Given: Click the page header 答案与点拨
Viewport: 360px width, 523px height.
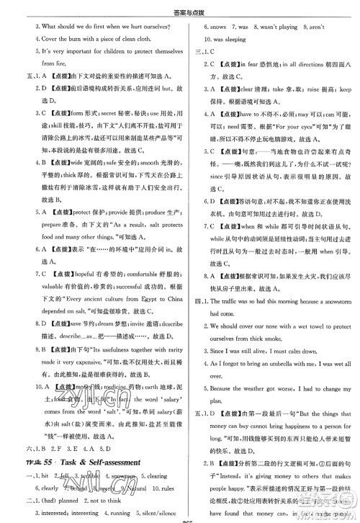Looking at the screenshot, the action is (x=180, y=9).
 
